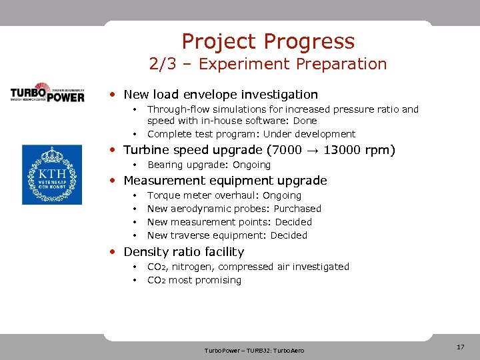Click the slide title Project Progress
pyautogui.click(x=268, y=41)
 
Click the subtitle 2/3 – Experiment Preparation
pyautogui.click(x=268, y=65)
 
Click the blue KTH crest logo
pyautogui.click(x=52, y=174)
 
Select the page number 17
pyautogui.click(x=460, y=347)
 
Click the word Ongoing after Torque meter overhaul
pyautogui.click(x=282, y=195)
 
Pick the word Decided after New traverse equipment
pyautogui.click(x=289, y=235)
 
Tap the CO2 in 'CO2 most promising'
pyautogui.click(x=156, y=280)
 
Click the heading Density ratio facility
pyautogui.click(x=183, y=252)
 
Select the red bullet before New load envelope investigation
pyautogui.click(x=114, y=95)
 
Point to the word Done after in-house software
pyautogui.click(x=305, y=121)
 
